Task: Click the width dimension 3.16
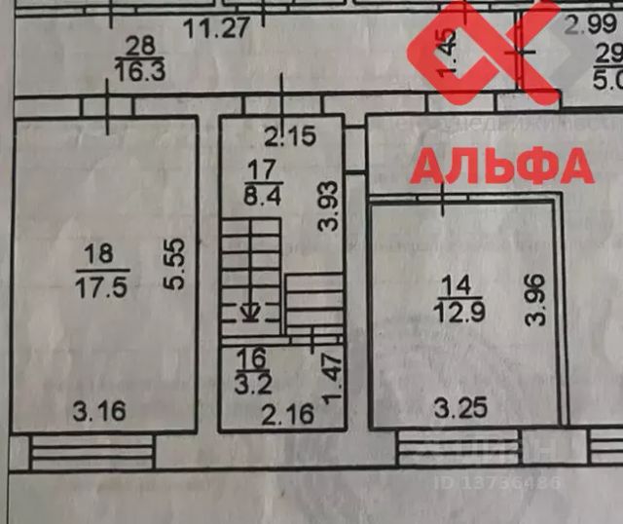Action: pyautogui.click(x=98, y=411)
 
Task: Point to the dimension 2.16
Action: pyautogui.click(x=289, y=416)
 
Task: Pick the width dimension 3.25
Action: pyautogui.click(x=459, y=409)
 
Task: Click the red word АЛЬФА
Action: pyautogui.click(x=501, y=166)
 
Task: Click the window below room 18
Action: pyautogui.click(x=92, y=453)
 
